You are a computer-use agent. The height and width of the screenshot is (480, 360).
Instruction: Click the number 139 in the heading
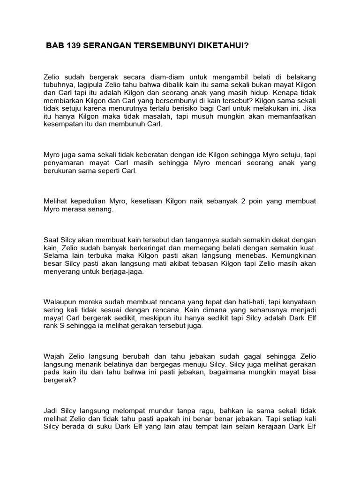[x=72, y=46]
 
